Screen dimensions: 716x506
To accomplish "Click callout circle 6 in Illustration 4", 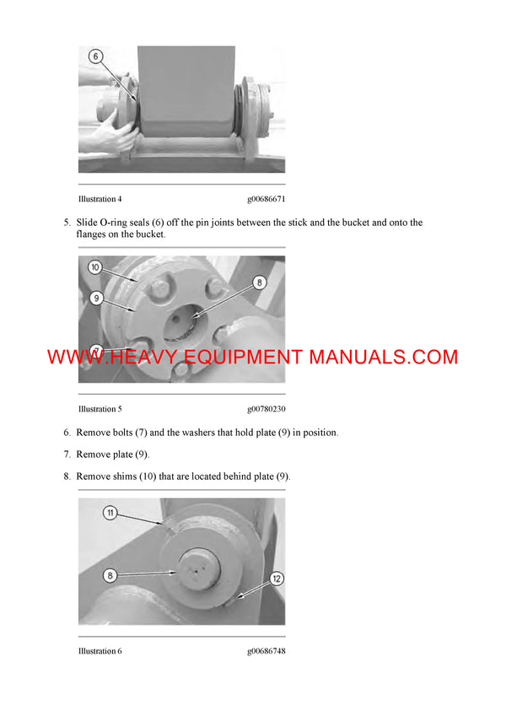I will point(96,56).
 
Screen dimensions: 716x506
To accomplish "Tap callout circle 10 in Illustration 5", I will point(96,266).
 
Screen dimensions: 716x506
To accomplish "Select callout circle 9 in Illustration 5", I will point(96,297).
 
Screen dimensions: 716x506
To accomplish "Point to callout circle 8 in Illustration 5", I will point(260,283).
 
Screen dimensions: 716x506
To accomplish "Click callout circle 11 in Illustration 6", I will point(110,513).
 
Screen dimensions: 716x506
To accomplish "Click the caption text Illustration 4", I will point(100,199).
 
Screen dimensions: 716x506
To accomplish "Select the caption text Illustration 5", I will point(100,409).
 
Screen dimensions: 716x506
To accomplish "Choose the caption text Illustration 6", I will point(100,651).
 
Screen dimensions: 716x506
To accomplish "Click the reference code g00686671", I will point(266,199).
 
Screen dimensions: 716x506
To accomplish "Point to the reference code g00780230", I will point(266,409).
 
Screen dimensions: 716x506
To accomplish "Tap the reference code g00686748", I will point(266,651).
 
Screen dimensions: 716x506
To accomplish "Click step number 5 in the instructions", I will point(67,223).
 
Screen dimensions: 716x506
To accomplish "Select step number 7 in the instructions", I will point(67,455).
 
